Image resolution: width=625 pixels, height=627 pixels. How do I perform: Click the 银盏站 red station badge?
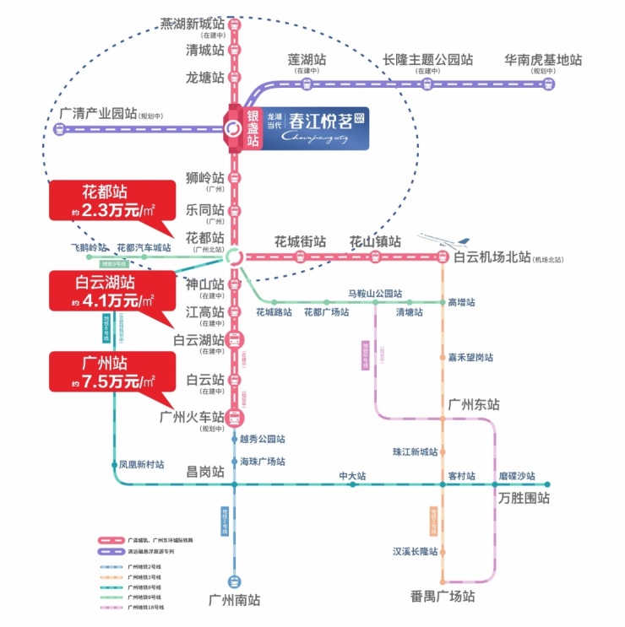251,128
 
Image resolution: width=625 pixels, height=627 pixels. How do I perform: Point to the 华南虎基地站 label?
543,60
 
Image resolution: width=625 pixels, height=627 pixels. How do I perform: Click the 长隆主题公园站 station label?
427,60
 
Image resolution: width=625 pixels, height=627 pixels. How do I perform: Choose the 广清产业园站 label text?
98,113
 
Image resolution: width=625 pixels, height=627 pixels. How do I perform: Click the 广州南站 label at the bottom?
234,601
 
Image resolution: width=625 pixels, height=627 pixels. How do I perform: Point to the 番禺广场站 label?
443,597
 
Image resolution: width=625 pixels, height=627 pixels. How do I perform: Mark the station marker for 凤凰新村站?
114,465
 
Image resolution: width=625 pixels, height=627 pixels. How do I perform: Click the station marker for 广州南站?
235,581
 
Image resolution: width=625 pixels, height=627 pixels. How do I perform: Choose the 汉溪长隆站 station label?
415,552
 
